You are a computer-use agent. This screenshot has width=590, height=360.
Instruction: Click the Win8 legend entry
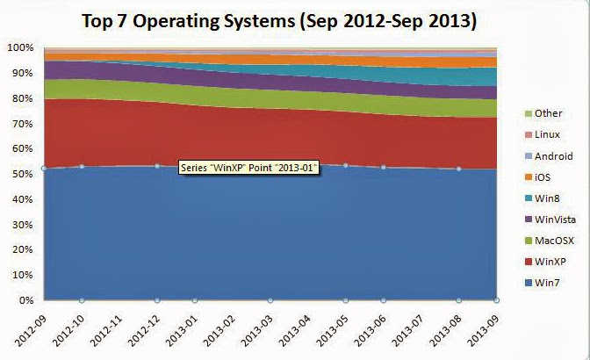546,198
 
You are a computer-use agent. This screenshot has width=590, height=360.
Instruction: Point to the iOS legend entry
543,176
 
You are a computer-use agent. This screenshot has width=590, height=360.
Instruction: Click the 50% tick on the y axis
23,174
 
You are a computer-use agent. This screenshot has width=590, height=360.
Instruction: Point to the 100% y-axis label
20,47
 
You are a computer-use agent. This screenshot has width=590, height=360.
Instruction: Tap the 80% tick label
23,98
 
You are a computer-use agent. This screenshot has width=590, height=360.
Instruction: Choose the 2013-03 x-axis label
254,327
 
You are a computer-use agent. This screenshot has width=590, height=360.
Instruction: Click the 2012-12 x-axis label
140,327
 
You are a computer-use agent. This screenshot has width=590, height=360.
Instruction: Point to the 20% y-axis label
23,250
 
